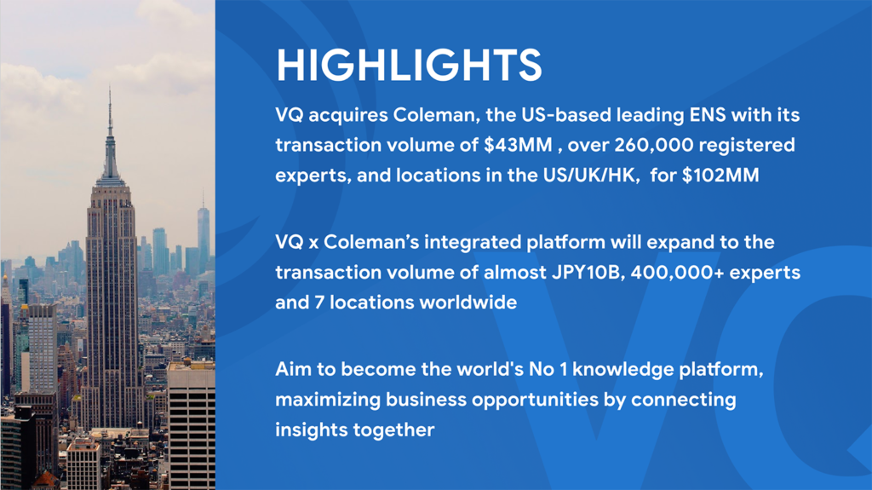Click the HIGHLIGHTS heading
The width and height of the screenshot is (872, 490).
coord(409,65)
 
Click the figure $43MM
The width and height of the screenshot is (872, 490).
coord(518,145)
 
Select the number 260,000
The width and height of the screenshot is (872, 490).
coord(653,146)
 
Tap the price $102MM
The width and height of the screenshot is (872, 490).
coord(720,176)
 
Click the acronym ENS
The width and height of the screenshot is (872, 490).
coord(708,115)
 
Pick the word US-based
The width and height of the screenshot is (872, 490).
coord(565,115)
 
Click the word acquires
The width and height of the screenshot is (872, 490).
coord(348,116)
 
